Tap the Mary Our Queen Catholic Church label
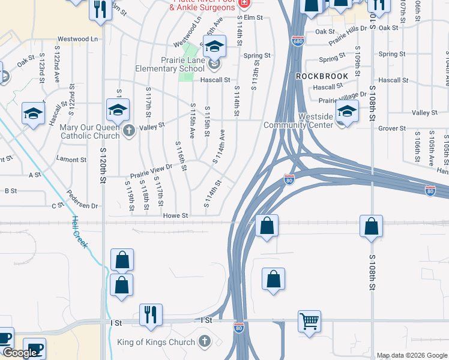[x=90, y=131]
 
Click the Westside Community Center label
[x=298, y=121]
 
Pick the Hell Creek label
[x=80, y=231]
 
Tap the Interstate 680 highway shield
[x=298, y=41]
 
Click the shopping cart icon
[x=309, y=320]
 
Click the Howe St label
[x=176, y=215]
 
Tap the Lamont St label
[x=71, y=160]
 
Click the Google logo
[x=19, y=353]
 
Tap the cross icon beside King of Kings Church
[x=205, y=342]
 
